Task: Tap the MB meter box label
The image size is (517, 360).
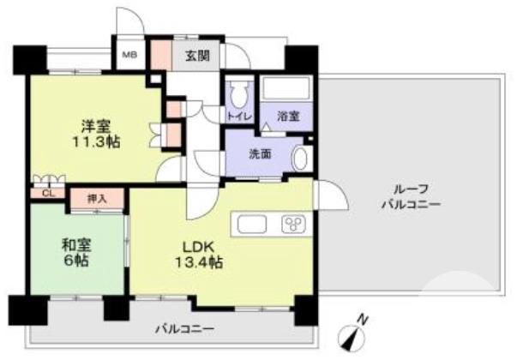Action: coord(129,56)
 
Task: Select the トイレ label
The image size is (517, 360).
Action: coord(237,115)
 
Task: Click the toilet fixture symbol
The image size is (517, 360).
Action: coord(238,92)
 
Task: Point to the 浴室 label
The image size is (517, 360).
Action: coord(287,116)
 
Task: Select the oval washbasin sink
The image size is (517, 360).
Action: coord(300,159)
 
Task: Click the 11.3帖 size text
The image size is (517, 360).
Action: coord(95,142)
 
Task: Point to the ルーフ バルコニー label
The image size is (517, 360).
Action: coord(412,196)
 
